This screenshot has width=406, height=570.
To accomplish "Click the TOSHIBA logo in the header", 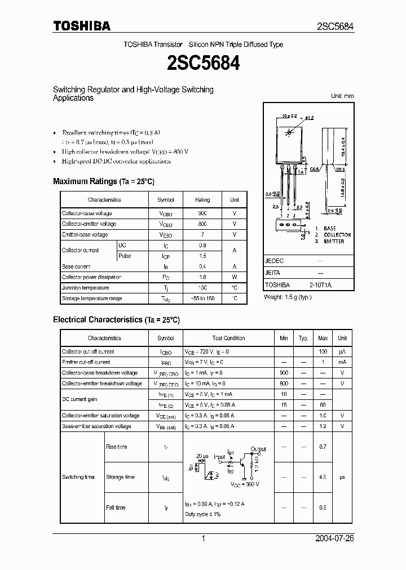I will click(82, 26).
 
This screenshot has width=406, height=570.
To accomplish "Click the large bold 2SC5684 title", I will click(203, 63).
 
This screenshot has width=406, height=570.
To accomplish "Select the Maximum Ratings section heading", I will click(103, 181).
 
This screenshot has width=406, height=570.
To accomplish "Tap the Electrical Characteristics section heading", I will click(116, 320).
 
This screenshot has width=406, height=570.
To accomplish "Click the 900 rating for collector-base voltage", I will click(202, 213).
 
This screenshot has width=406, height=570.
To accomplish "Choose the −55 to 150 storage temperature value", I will click(202, 299).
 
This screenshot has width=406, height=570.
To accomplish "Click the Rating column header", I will click(202, 200).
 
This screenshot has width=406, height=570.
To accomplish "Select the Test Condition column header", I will click(228, 339).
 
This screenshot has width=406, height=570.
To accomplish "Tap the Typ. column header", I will click(303, 339).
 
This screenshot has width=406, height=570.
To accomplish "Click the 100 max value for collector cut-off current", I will click(323, 351).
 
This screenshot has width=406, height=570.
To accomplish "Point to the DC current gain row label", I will click(80, 399).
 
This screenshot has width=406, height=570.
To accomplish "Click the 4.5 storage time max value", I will click(323, 477).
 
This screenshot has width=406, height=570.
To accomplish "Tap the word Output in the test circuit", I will click(259, 449).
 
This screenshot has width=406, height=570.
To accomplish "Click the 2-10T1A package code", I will click(320, 285).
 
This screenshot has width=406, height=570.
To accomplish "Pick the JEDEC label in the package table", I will click(274, 261).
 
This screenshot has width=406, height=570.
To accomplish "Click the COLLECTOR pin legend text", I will click(337, 235).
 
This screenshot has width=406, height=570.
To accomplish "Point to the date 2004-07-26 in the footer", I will click(334, 538).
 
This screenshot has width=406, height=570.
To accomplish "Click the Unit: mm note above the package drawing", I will click(342, 96).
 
